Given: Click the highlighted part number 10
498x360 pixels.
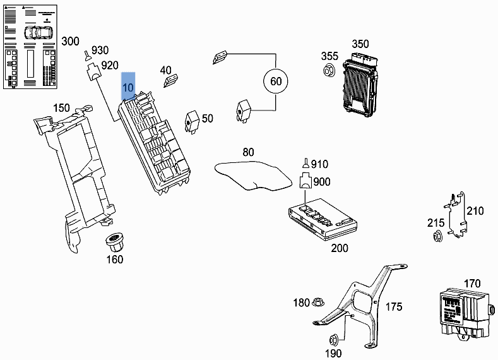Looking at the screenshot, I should click(128, 87).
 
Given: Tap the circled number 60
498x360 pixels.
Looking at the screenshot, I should click(276, 81).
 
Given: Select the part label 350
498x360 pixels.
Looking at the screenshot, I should click(360, 44).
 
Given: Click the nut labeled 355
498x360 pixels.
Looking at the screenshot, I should click(328, 71).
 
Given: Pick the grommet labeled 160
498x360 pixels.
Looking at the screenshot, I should click(114, 242).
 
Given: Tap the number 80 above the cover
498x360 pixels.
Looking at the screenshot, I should click(248, 152).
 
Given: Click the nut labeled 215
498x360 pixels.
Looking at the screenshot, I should click(437, 237).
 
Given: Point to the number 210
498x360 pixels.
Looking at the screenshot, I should click(475, 211).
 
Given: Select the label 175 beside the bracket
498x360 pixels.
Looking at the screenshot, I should click(393, 307).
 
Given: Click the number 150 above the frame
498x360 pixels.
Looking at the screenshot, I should click(61, 108).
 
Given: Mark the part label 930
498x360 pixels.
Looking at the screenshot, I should click(101, 51).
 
